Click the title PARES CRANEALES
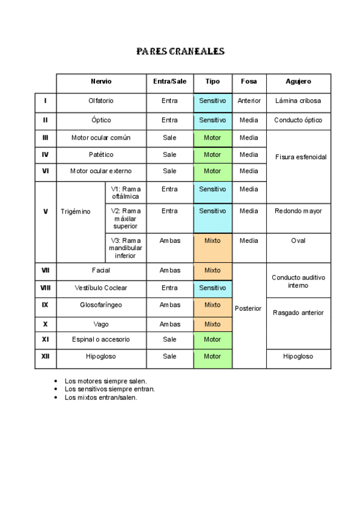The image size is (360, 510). point(180,51)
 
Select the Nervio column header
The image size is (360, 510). point(101,82)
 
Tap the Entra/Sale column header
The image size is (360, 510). point(169,82)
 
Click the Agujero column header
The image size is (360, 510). point(298,82)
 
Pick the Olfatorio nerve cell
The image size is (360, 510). point(101,101)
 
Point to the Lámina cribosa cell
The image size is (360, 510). point(298,101)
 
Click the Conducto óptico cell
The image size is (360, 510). point(298,120)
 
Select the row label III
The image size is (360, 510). point(45,138)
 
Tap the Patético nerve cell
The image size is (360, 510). point(101,155)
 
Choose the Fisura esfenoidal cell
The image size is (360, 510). point(301,157)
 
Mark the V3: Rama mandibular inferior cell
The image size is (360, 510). point(126,248)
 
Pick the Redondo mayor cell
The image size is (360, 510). point(298,211)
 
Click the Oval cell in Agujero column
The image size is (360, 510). point(298,241)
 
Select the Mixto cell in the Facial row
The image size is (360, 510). point(212,271)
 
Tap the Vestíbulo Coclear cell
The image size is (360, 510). point(101,288)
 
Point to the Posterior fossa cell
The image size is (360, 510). point(248,309)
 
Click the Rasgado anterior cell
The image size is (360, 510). point(298,313)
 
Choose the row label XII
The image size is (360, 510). point(45,357)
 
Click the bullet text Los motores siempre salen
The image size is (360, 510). point(106,381)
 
